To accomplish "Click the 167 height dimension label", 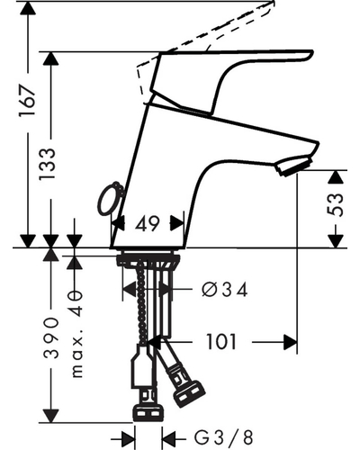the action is (28, 100).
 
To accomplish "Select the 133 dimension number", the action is (48, 164).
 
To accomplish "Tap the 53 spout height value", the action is (334, 205).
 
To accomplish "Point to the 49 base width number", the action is (148, 223).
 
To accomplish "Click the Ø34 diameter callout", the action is (225, 290).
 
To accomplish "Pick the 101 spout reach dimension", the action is (221, 342).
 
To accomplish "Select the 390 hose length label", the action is (51, 337).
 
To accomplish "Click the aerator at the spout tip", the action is (294, 165).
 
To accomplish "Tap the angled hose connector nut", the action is (189, 394).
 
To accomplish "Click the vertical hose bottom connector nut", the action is (148, 413).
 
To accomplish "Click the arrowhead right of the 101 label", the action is (290, 342).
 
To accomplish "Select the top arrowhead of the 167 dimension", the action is (28, 7).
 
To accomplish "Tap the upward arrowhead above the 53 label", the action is (335, 177).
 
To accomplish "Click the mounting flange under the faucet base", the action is (148, 259).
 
